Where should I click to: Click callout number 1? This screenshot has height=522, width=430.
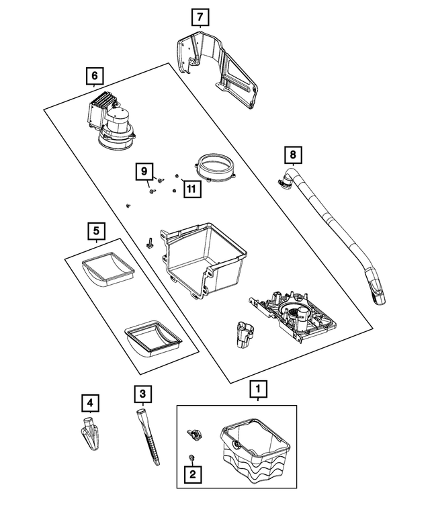(x=257, y=389)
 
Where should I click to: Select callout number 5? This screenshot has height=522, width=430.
(x=96, y=232)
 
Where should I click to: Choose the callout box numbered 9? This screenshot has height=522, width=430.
(x=144, y=171)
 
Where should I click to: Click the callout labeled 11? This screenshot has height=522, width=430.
(x=191, y=189)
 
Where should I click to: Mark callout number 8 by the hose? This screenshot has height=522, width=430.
(x=292, y=156)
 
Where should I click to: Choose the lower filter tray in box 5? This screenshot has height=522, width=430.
(x=154, y=336)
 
